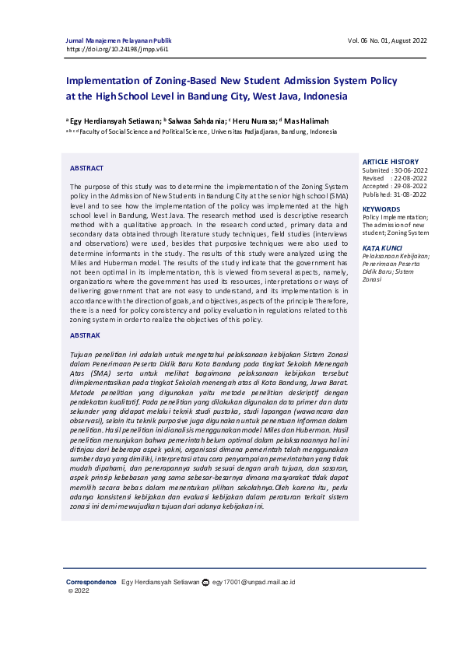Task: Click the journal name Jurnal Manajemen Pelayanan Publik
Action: (x=118, y=40)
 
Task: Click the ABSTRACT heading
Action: (x=86, y=168)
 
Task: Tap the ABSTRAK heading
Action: (x=85, y=335)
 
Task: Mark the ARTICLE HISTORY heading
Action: (x=390, y=162)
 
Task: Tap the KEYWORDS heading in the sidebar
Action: (x=381, y=209)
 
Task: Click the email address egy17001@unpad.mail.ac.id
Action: (x=254, y=582)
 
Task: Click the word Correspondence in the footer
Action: (x=90, y=582)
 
